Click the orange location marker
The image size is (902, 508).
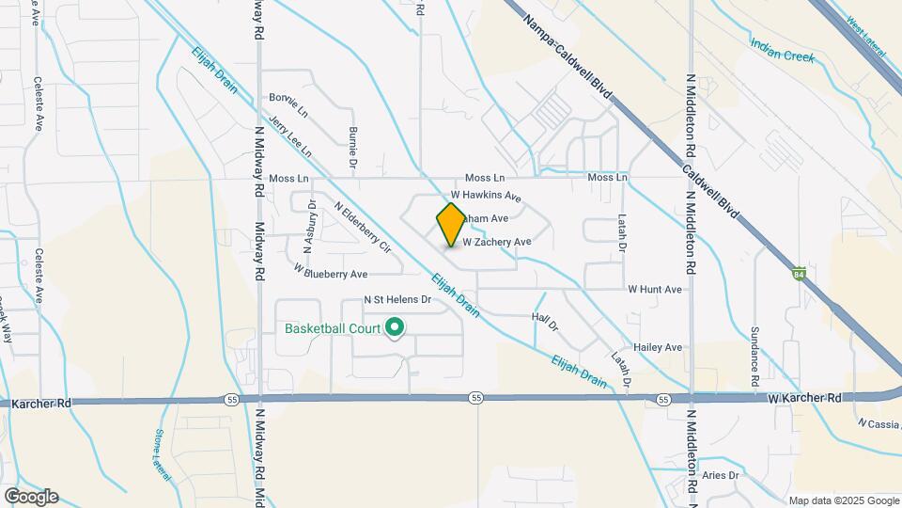pos(451,224)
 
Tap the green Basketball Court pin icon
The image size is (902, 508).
pos(396,328)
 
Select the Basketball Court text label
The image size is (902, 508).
pos(333,329)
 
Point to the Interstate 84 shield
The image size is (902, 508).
pos(799,274)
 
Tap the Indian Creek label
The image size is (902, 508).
pos(783,50)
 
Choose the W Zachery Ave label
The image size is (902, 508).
pos(497,242)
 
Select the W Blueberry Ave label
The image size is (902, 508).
pos(330,274)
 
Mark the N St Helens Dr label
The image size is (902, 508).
pos(397,301)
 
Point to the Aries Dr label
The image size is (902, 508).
pos(721,476)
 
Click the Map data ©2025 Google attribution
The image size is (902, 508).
pos(843,500)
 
